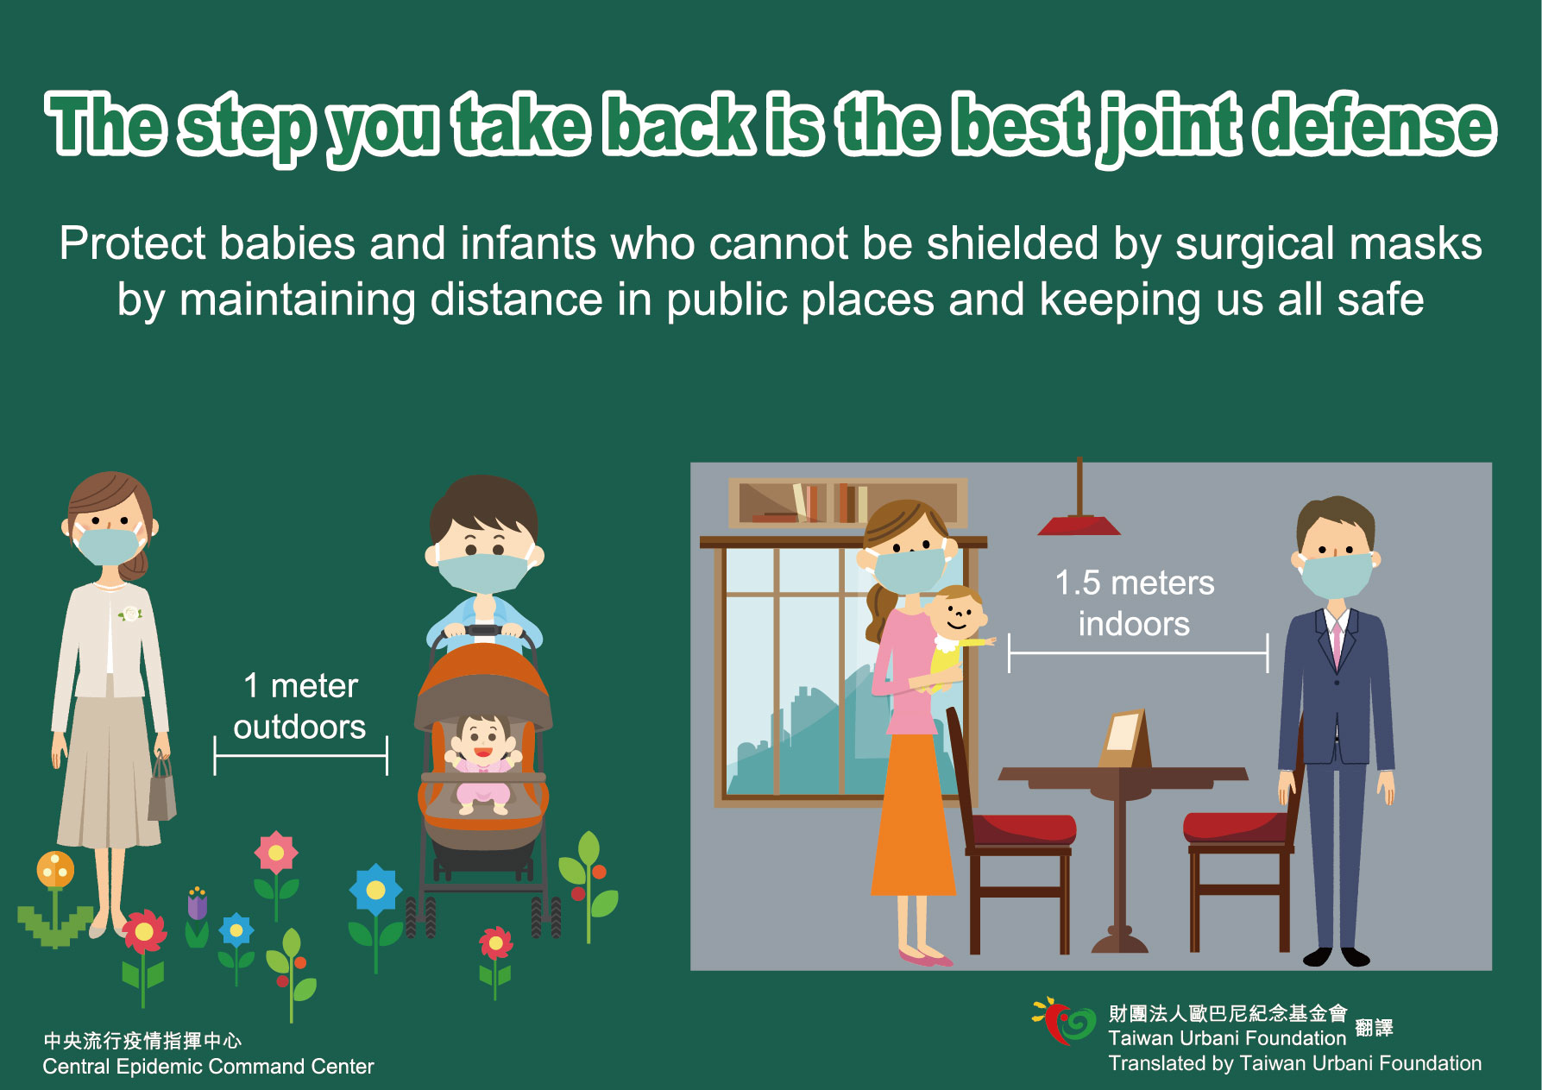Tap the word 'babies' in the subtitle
[287, 243]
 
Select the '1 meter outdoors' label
[299, 706]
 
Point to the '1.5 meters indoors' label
[1135, 602]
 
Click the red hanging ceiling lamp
[1079, 523]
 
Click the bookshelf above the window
[847, 502]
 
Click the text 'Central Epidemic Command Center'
[208, 1067]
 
